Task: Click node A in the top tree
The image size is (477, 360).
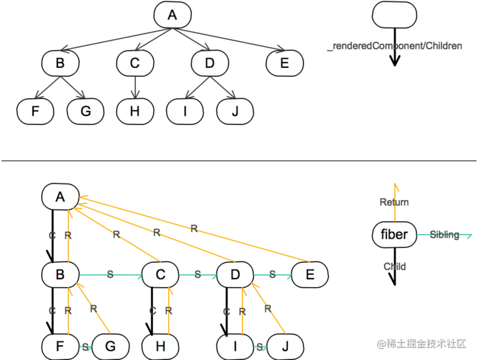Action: point(173,15)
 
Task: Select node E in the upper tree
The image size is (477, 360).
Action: point(284,63)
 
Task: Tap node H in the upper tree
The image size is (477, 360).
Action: point(135,111)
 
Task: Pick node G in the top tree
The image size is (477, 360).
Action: point(85,111)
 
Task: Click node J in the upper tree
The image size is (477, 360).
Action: point(235,111)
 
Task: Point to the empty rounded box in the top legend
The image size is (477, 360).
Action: point(394,15)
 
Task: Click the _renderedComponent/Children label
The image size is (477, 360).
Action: point(394,46)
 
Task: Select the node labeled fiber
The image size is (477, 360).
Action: point(394,234)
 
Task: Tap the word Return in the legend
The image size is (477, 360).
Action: point(394,202)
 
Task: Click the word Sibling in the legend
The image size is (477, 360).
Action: point(444,235)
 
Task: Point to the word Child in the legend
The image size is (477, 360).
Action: point(394,267)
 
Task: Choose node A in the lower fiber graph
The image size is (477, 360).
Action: point(60,197)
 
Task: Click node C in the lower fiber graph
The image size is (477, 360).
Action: point(160,275)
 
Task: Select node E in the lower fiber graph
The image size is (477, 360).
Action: point(310,275)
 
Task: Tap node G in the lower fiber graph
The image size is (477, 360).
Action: point(110,346)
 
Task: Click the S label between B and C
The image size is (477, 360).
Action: point(110,275)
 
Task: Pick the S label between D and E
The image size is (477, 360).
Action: point(272,275)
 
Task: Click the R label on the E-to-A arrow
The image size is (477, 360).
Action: point(194,228)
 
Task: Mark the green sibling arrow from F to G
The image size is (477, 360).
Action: point(85,347)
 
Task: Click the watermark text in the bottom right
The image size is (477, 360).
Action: point(422,344)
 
